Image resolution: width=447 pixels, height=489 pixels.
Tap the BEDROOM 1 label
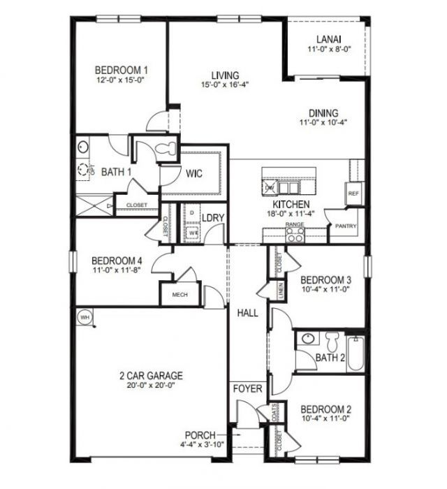click(x=122, y=70)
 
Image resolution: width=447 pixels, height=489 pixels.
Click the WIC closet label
click(x=195, y=174)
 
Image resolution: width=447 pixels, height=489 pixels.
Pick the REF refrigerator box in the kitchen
click(x=353, y=194)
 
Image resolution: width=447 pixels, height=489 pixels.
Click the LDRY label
click(x=213, y=218)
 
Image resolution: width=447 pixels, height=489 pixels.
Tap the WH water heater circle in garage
click(x=85, y=318)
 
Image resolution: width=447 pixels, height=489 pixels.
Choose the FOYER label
click(x=247, y=388)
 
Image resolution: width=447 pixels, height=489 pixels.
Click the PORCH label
click(x=200, y=435)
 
